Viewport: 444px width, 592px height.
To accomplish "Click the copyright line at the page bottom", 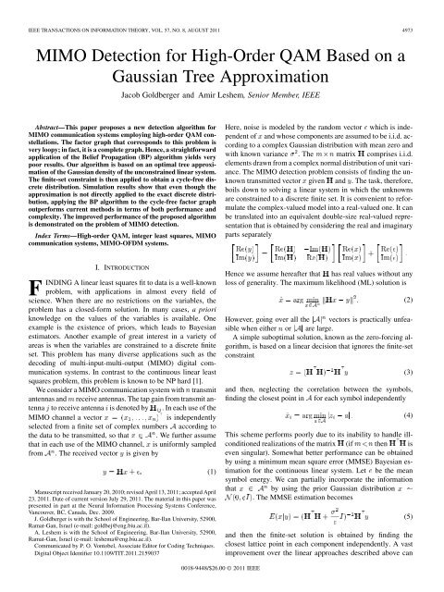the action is tap(222, 583).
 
